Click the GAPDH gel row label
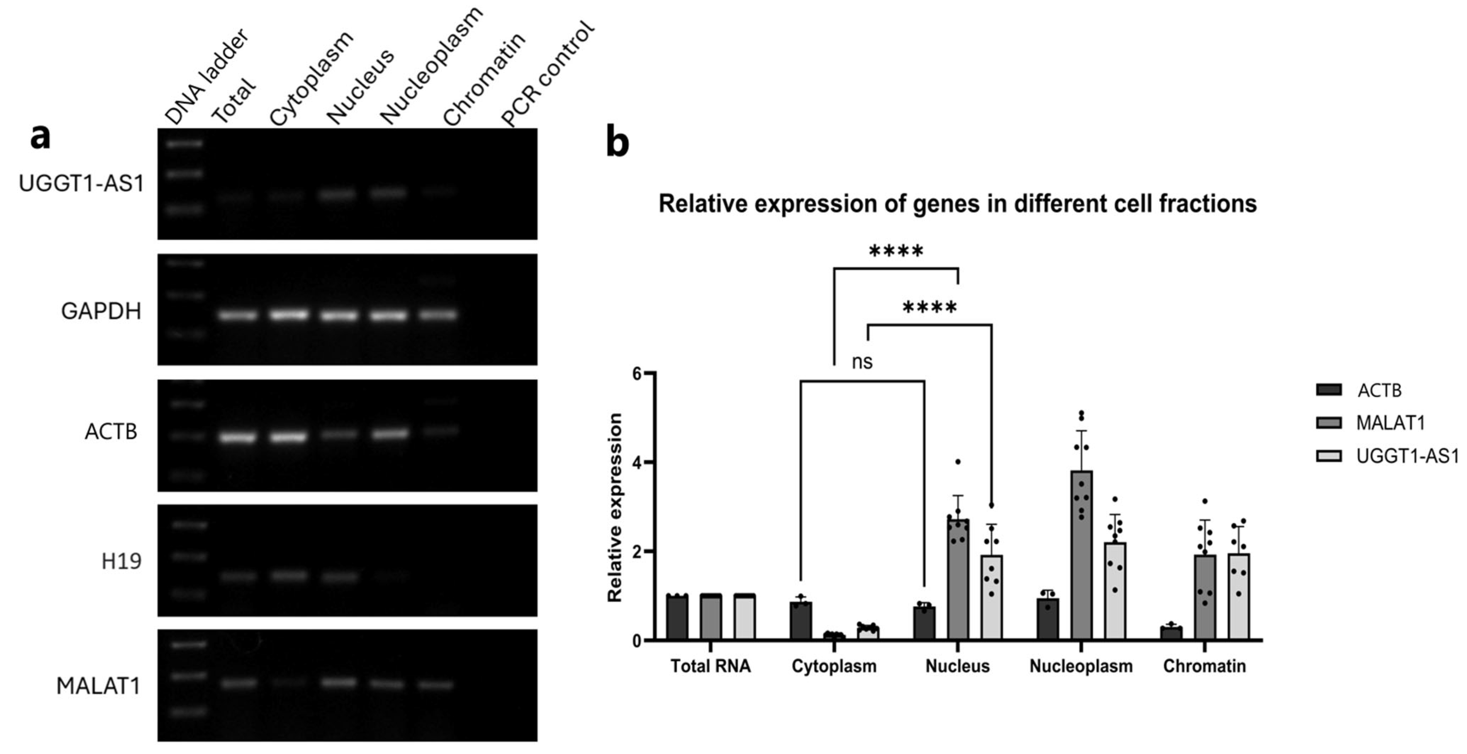[101, 311]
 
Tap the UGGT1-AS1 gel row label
[81, 184]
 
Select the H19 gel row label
[121, 562]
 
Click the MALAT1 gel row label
[98, 686]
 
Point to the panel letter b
[617, 143]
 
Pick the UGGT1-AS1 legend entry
[1407, 456]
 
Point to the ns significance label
[862, 362]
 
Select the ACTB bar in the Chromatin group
[1171, 633]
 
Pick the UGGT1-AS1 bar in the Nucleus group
[991, 598]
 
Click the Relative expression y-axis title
[615, 507]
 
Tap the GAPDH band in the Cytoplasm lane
[289, 314]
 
